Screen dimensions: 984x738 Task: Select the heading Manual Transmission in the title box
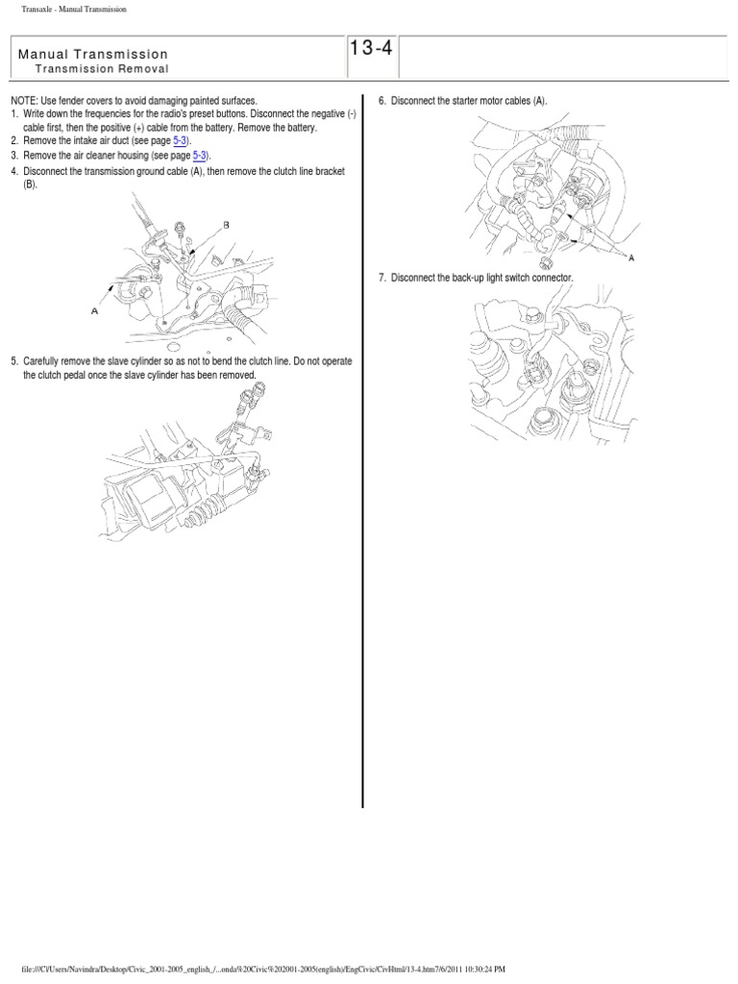[92, 55]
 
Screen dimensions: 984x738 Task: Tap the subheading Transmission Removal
[102, 69]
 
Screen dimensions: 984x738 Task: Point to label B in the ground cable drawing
[227, 224]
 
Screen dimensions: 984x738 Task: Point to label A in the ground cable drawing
[94, 310]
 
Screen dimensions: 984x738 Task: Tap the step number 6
[381, 101]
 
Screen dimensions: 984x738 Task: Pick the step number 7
[381, 278]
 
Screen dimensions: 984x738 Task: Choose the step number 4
[14, 171]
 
